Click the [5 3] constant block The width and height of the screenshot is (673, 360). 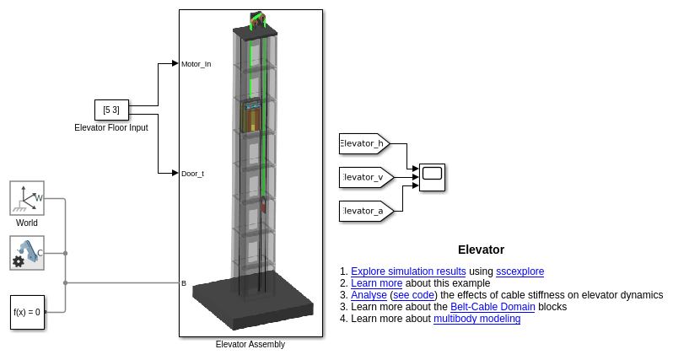pos(111,110)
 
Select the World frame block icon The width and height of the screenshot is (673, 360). pos(27,198)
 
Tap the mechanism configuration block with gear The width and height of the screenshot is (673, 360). pos(27,252)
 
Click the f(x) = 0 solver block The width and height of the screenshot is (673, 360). pos(27,312)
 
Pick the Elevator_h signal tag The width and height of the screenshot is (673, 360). pos(363,144)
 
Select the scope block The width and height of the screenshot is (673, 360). pos(432,177)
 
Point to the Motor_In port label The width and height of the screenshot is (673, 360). pos(196,63)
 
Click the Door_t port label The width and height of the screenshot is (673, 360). pos(192,174)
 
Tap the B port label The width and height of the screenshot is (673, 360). pos(184,283)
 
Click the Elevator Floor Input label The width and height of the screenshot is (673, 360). pos(111,128)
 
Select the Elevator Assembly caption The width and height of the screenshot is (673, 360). pos(250,344)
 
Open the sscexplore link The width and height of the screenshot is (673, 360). pos(520,271)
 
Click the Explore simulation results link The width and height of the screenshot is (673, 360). pos(408,271)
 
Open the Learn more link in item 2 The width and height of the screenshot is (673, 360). pos(376,283)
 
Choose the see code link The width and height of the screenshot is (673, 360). pos(413,295)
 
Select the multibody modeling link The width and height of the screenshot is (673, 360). pos(476,319)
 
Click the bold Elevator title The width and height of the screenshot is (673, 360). pos(481,250)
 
